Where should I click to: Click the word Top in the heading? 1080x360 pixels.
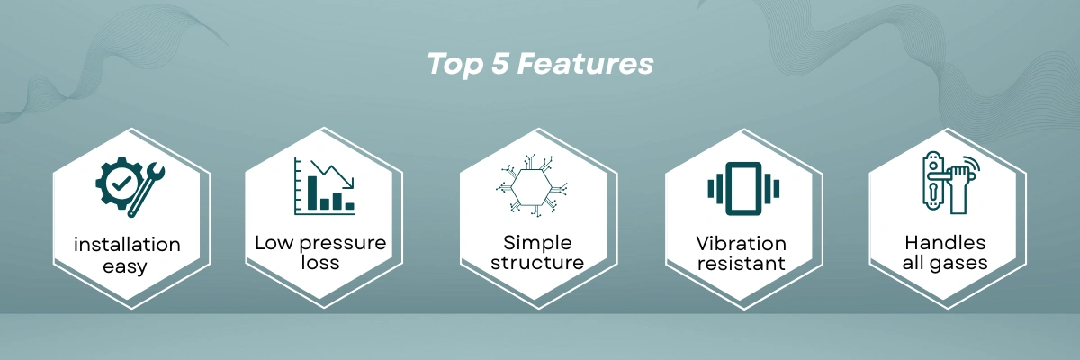454,65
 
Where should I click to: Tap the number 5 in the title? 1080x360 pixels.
500,63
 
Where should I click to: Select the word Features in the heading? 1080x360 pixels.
585,63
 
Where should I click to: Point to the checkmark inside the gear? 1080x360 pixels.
121,183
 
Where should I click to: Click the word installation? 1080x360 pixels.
127,244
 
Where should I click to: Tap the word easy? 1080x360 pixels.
125,266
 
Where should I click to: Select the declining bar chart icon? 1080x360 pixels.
325,186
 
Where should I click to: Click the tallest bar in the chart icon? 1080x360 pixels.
312,193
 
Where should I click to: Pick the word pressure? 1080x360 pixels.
343,243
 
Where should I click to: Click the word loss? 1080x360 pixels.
320,263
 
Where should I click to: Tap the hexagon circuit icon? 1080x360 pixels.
532,186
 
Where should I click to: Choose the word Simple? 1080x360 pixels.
537,243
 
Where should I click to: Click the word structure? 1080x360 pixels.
537,263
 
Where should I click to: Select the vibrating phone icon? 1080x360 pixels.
743,188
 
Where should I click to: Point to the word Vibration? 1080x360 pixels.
741,243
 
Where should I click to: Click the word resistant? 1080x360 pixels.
741,264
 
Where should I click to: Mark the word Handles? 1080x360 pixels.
945,243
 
